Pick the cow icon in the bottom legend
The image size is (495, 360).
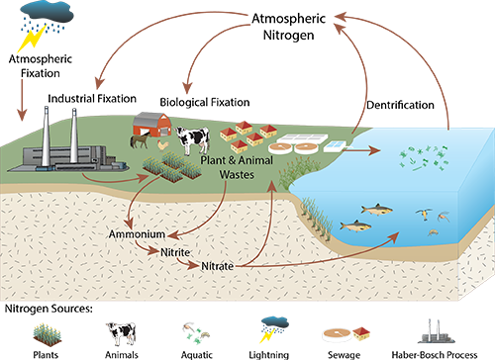[120, 329]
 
